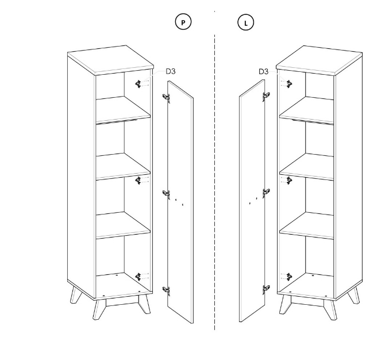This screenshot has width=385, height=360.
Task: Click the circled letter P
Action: pos(183,22)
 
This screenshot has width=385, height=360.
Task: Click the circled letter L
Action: pos(246,22)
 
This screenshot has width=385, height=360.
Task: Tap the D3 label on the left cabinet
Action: pos(171,71)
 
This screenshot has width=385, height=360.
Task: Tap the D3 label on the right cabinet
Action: pos(263,72)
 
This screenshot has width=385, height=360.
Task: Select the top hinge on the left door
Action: pos(167,97)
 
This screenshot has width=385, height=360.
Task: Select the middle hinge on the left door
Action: pos(167,194)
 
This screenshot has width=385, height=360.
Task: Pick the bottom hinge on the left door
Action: pos(167,290)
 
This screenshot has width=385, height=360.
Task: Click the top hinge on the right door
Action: pos(266,96)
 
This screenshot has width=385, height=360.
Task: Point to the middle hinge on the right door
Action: pos(266,193)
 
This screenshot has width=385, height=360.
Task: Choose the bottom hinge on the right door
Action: pos(266,289)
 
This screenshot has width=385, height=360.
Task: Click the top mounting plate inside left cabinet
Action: pos(138,84)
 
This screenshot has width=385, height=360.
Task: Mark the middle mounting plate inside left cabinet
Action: pos(138,181)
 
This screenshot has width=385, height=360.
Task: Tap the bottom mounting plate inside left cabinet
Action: pos(138,277)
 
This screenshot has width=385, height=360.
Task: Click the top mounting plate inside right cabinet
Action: pos(290,85)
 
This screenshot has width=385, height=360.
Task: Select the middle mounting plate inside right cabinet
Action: pos(290,181)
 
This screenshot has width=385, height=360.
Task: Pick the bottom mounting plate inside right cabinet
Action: pos(290,277)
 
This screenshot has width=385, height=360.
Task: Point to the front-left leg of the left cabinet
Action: pos(99,309)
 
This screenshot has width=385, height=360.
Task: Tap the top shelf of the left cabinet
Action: pos(123,110)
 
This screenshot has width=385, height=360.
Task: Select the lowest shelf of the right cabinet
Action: pos(307,225)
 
